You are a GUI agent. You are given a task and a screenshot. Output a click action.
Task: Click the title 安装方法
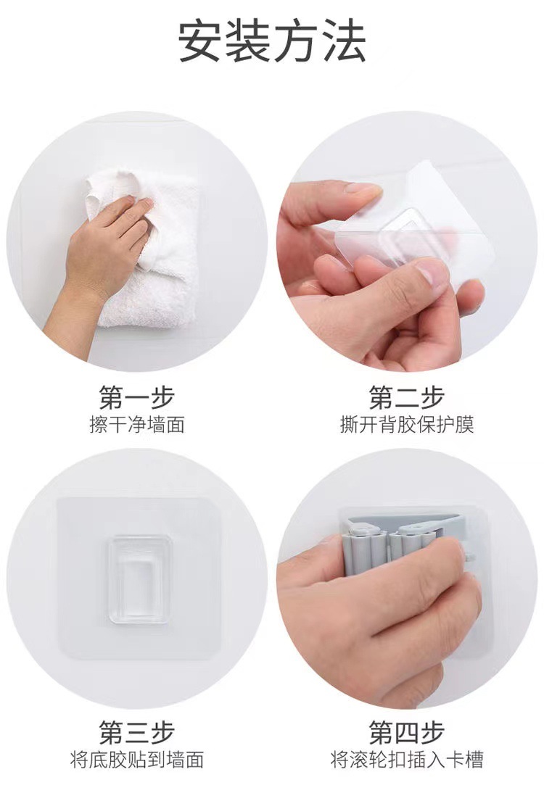coord(272,41)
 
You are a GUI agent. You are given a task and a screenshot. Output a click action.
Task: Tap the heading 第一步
coord(137,397)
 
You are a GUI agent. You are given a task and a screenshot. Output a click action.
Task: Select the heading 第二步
coord(407,397)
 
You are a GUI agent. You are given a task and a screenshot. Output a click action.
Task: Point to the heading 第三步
coord(137,733)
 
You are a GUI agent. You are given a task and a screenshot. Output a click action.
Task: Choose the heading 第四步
coord(407,733)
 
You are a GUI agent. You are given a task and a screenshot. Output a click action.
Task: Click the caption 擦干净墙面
coord(137,425)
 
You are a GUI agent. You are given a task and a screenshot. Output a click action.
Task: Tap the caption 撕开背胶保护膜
coord(407,425)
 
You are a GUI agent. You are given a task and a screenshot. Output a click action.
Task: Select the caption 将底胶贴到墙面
coord(137,760)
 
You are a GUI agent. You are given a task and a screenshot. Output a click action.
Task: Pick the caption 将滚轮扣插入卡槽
coord(407,760)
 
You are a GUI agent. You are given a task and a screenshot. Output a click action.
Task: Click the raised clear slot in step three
coord(139,578)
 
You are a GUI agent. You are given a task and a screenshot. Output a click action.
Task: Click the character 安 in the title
coord(201,41)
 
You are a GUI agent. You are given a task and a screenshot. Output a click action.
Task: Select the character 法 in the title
coord(344,41)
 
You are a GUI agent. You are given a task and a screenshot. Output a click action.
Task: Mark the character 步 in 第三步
coord(162,733)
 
